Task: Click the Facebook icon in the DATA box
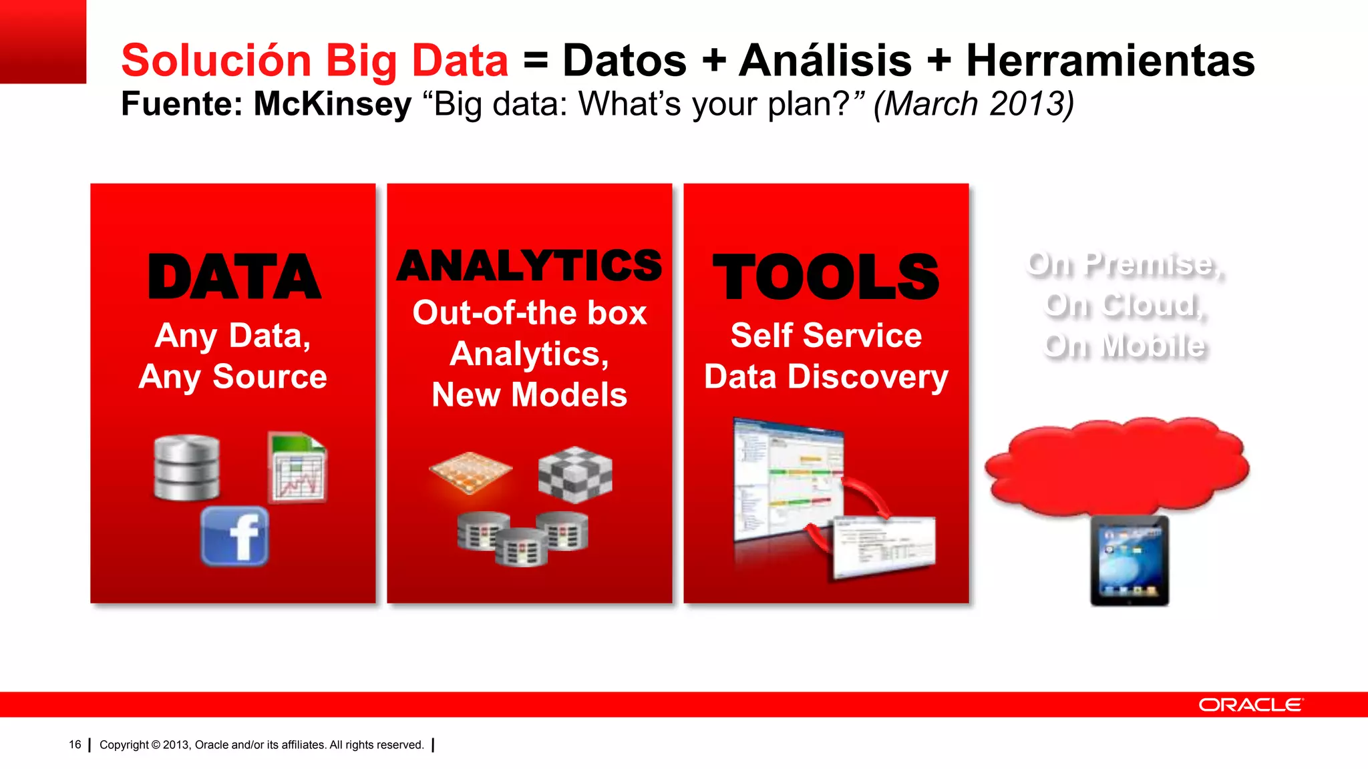234,536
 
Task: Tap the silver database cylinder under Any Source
186,468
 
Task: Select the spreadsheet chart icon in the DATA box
297,468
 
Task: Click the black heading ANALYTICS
529,266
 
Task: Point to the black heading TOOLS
826,277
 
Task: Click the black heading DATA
234,277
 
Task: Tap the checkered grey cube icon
575,475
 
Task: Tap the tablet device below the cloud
1130,560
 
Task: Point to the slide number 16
75,744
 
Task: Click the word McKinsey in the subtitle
332,104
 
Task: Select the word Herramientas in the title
1110,60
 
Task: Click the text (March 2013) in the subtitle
974,104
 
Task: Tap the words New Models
529,395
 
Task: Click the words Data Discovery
826,376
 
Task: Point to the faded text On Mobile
1125,346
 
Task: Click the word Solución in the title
216,60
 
